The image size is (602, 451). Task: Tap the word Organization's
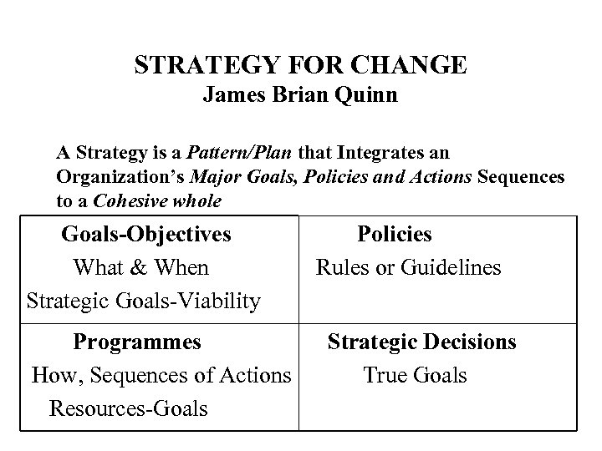point(121,178)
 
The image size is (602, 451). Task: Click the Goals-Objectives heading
point(146,235)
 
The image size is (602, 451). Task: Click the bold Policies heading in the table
point(395,235)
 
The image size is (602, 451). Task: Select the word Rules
point(341,268)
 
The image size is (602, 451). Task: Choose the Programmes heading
point(137,342)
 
